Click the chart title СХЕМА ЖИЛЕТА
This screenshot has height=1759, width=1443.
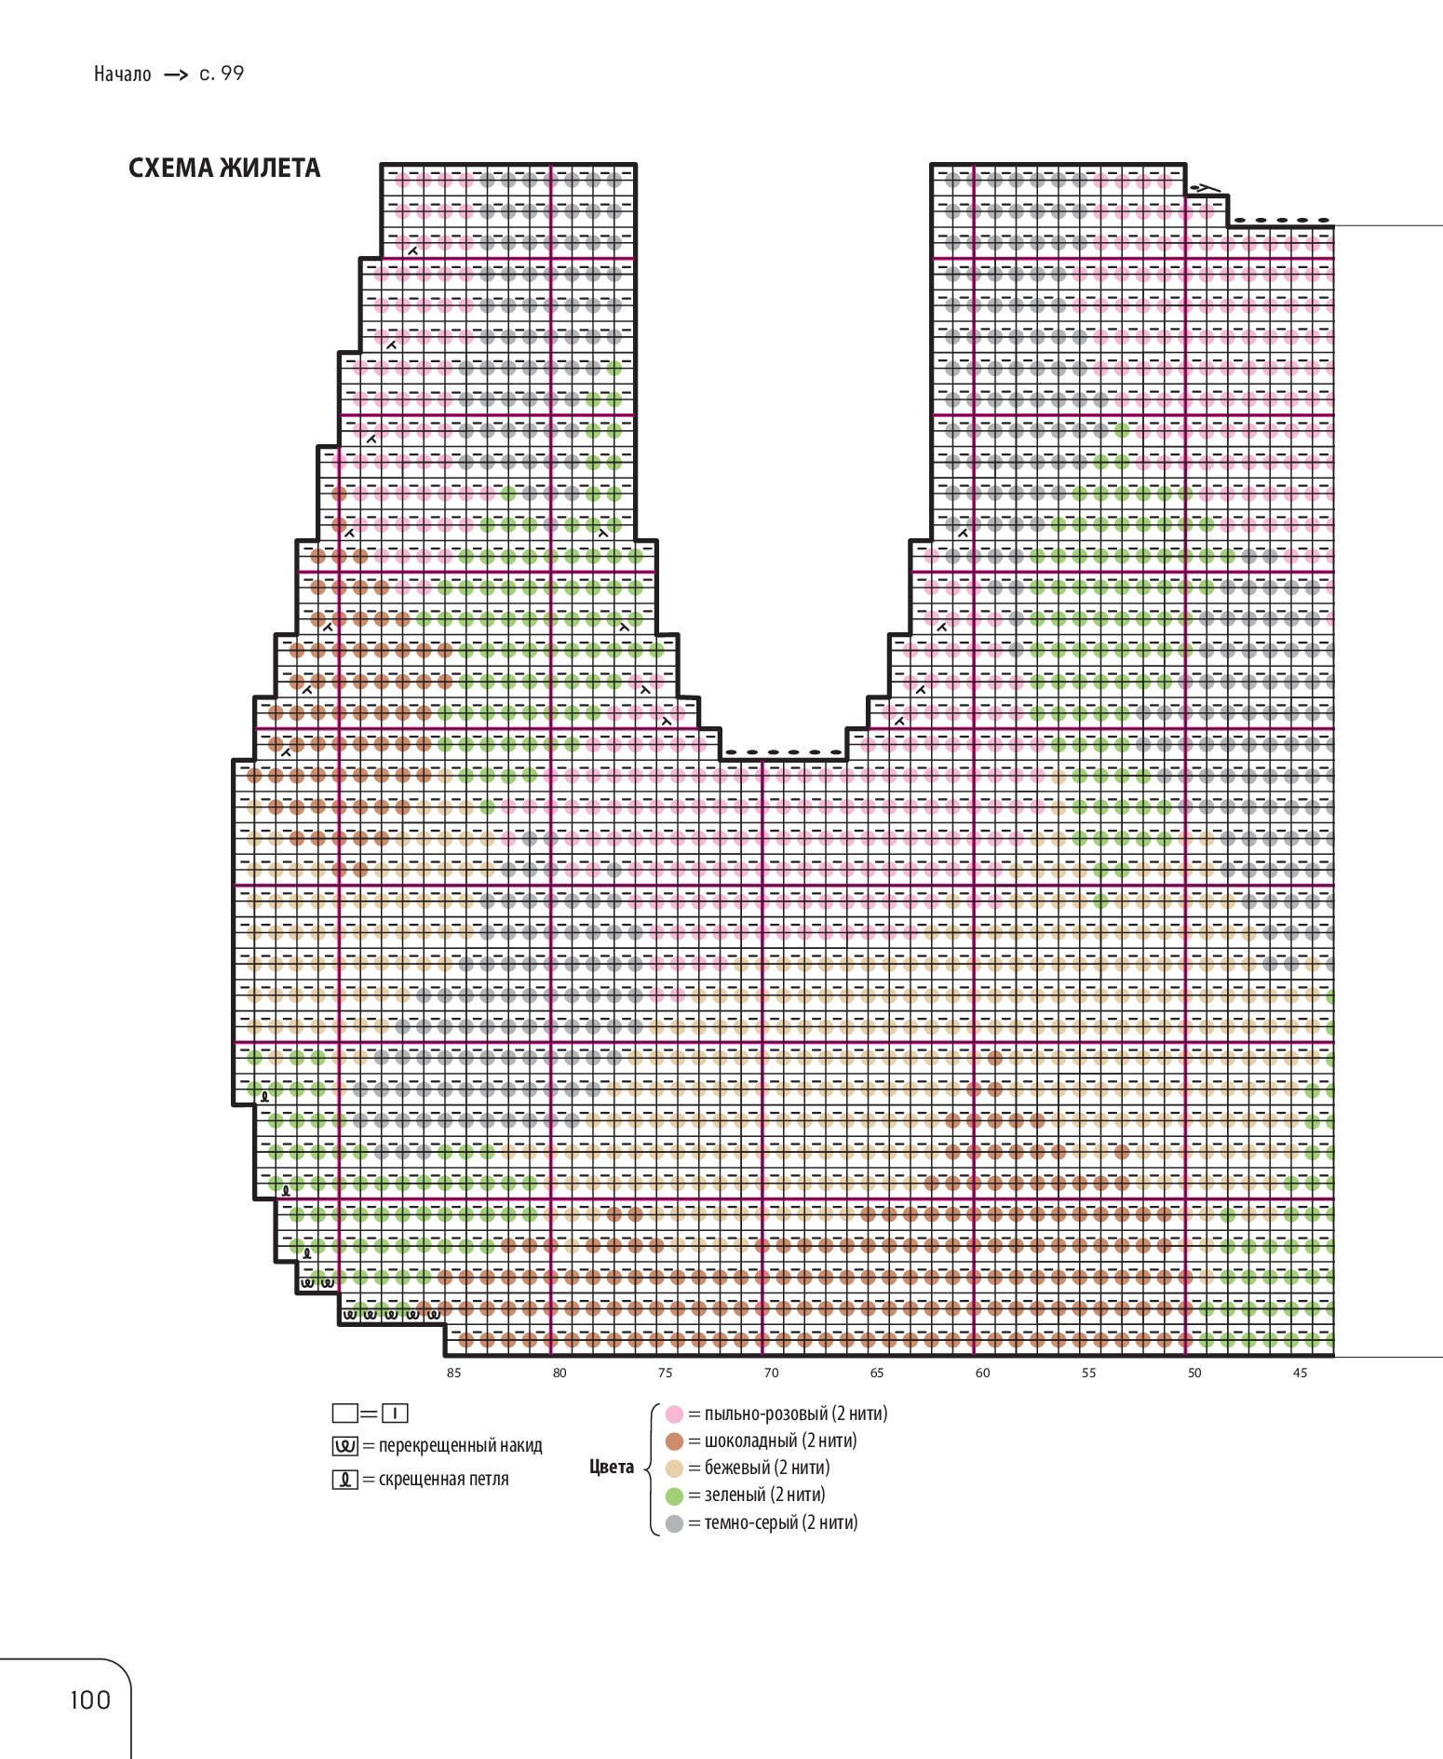coord(224,169)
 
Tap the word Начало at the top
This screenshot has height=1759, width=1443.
coord(122,74)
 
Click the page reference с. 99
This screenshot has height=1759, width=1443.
coord(222,74)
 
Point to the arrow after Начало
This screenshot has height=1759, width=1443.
coord(176,75)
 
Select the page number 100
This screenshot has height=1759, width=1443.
coord(90,1700)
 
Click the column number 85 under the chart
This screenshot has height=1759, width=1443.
coord(453,1373)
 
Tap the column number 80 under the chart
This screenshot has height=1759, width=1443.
coord(560,1373)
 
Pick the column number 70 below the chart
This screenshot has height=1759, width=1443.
coord(771,1373)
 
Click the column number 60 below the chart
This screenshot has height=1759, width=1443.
coord(983,1373)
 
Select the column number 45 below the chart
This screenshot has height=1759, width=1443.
coord(1301,1373)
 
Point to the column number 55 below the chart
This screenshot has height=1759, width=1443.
coord(1089,1373)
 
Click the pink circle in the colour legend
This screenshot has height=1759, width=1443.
coord(675,1414)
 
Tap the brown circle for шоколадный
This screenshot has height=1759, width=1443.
coord(675,1441)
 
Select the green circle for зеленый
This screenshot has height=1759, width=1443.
coord(675,1496)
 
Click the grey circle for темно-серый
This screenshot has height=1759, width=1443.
coord(675,1523)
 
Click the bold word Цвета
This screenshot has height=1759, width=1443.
coord(612,1468)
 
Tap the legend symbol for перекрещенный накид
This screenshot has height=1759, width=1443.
coord(344,1446)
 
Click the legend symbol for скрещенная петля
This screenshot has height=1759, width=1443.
coord(344,1480)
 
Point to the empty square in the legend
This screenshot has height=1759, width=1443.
coord(344,1414)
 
